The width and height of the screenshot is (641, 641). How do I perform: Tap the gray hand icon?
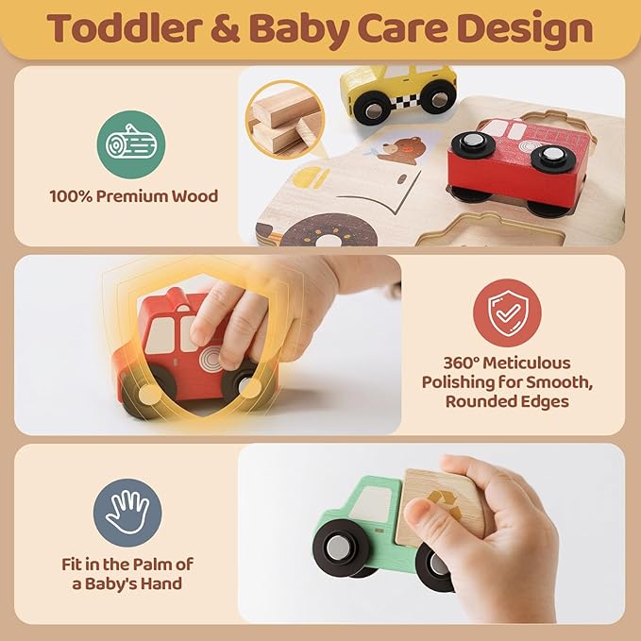127,512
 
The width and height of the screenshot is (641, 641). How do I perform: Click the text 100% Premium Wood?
133,196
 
